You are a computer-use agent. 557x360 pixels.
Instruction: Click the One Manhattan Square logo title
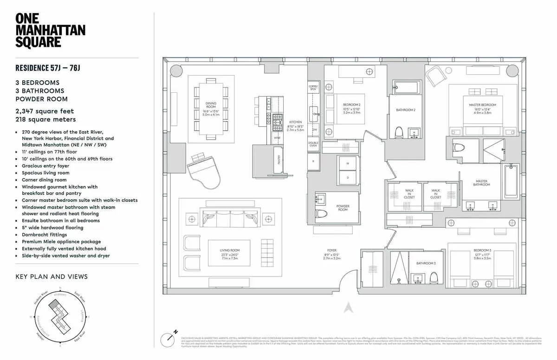[50, 30]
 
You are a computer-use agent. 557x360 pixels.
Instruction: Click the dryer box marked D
[347, 178]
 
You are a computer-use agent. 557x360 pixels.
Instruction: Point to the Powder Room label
[343, 208]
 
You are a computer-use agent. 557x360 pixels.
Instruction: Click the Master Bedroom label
[482, 108]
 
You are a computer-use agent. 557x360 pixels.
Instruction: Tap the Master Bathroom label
[481, 183]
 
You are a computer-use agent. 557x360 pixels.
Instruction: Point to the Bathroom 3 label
[426, 263]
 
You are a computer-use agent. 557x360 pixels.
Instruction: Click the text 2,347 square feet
[45, 111]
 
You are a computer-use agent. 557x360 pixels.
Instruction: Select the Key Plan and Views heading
[52, 276]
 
